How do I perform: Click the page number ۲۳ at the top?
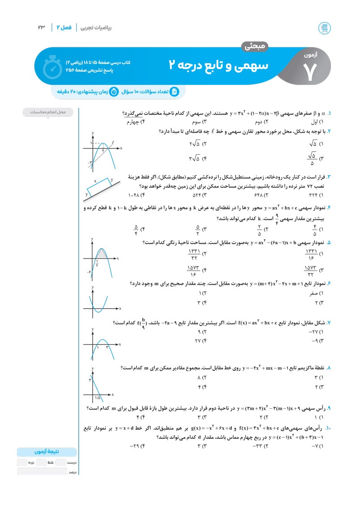point(42,27)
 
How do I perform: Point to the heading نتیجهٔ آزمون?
point(47,452)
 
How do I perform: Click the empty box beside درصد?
point(42,471)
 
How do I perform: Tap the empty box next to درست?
point(61,462)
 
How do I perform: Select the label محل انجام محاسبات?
point(49,112)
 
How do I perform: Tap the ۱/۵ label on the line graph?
point(97,398)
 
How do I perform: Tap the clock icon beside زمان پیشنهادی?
point(114,92)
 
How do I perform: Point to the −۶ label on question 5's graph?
point(89,271)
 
